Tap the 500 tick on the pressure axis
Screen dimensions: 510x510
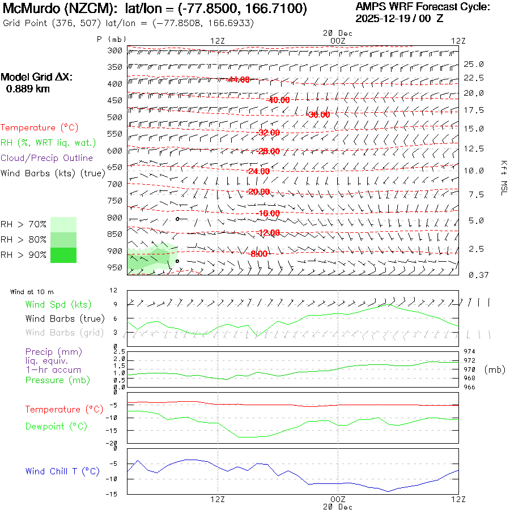tap(115, 117)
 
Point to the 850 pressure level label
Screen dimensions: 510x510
tap(115, 234)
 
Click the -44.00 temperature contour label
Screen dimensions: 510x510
tap(239, 79)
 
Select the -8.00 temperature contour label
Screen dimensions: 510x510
tap(258, 254)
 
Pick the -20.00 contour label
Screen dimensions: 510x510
tap(259, 192)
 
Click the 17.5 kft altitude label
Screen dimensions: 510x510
tap(474, 110)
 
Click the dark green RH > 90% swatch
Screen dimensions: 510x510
tap(63, 256)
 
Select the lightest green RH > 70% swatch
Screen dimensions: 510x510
tap(63, 224)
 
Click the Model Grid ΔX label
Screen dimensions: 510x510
tap(36, 77)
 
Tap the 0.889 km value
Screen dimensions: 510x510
tap(27, 89)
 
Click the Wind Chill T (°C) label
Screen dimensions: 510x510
tap(62, 471)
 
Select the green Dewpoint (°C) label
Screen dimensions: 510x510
tap(56, 426)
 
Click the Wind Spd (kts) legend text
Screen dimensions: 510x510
tap(58, 305)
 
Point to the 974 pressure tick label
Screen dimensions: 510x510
tap(470, 351)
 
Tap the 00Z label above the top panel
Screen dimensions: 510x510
tap(337, 41)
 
